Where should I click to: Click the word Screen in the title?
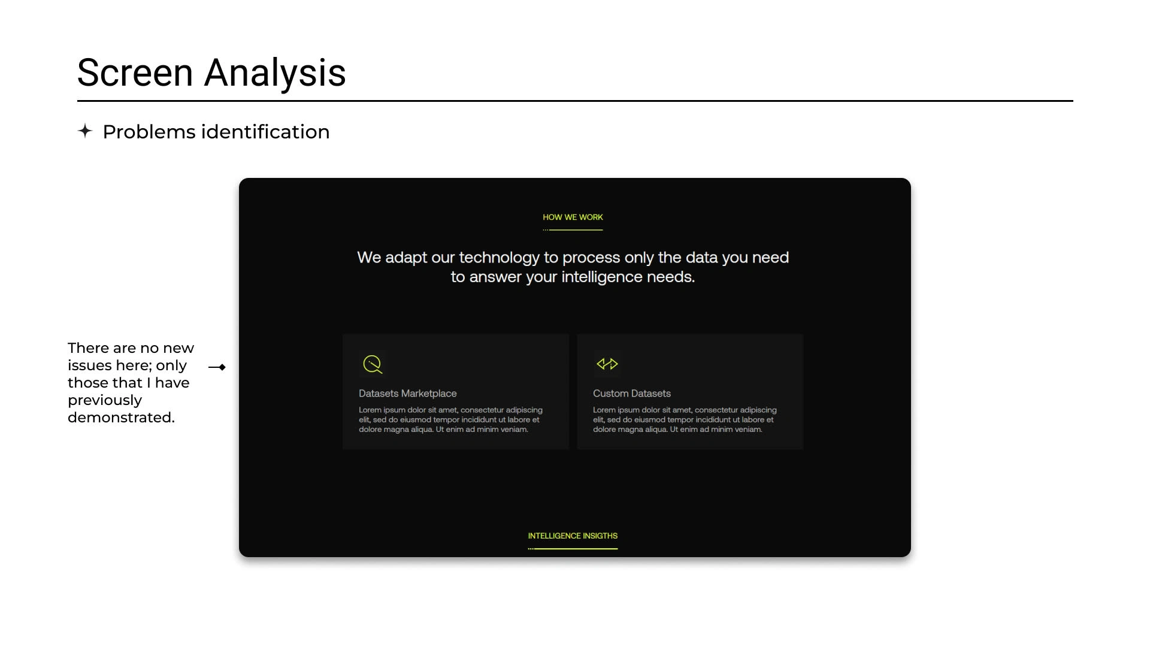135,73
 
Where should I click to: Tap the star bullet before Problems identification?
85,131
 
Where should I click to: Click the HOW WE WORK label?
573,217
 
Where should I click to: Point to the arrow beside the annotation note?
217,367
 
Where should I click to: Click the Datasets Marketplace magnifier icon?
373,364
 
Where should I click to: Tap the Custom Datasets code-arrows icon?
607,364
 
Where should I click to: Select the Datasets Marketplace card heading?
407,394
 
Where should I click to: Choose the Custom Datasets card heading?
632,394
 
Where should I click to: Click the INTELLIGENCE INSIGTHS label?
573,536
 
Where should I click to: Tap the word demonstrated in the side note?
121,418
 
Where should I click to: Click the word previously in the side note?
105,401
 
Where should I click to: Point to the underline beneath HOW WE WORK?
573,230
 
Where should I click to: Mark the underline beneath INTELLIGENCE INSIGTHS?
573,549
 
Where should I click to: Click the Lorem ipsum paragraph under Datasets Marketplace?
450,420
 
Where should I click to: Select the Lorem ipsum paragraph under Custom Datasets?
685,420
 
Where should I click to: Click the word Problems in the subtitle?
149,132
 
